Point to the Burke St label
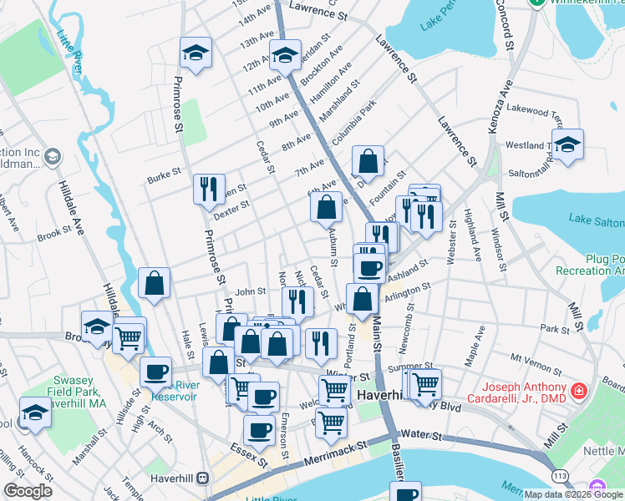[163, 175]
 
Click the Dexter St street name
[231, 205]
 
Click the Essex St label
[251, 456]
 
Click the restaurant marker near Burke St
[208, 188]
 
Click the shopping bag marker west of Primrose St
[155, 282]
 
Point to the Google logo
[28, 491]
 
